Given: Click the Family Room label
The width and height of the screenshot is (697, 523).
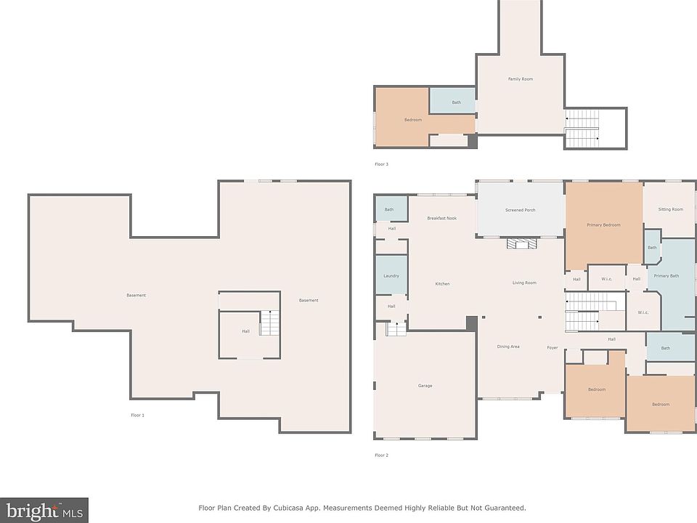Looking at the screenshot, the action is [520, 79].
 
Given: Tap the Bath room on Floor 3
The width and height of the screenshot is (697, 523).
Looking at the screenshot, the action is [452, 100].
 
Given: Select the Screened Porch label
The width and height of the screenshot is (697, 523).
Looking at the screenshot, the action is [520, 210].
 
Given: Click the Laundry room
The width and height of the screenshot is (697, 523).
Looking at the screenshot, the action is [391, 275].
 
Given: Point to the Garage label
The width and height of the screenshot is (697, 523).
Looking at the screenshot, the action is [425, 386].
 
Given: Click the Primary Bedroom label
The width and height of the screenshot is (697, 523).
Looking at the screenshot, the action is [603, 225].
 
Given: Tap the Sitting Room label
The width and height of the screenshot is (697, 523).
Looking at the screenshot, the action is [670, 209].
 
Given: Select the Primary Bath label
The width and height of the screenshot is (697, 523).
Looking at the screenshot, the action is [666, 276].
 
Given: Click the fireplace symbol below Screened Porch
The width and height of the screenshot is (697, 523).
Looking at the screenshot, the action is [522, 243].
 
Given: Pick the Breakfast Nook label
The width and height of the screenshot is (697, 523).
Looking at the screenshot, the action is [442, 219].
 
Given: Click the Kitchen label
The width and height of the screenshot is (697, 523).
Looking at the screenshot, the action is [442, 284].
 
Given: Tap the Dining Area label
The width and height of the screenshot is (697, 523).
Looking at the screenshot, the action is [508, 346].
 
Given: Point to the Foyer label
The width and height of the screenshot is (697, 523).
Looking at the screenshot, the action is [552, 348].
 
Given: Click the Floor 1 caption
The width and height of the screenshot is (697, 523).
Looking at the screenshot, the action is [137, 415].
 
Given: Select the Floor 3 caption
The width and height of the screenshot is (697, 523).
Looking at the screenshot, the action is [381, 164].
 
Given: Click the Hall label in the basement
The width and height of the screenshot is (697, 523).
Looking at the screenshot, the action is [245, 331].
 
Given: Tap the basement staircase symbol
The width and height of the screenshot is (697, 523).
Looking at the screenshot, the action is [269, 323].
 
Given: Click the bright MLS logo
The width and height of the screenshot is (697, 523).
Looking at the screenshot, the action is [44, 510].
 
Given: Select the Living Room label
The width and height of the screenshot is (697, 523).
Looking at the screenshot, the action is [524, 283].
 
